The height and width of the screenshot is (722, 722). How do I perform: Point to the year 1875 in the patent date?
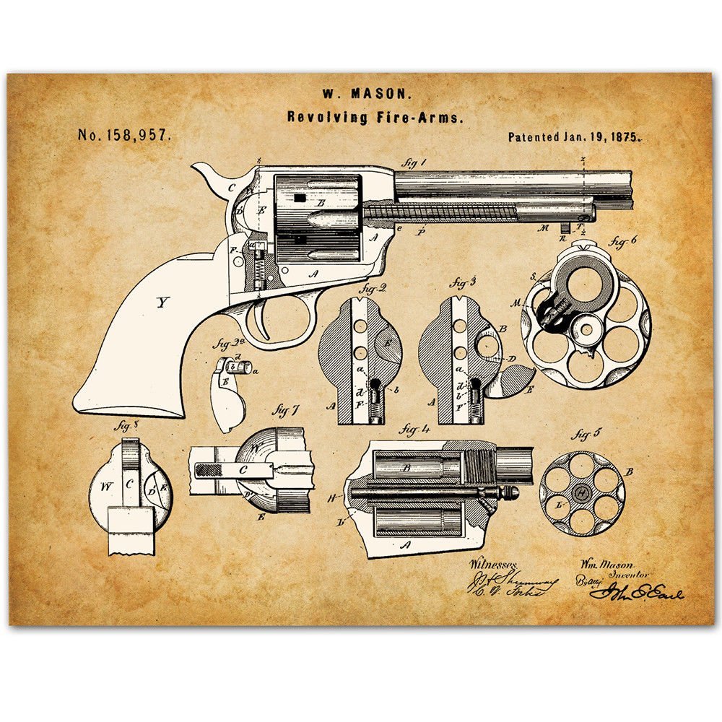coord(621,136)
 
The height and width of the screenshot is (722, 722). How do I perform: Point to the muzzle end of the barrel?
coord(628,189)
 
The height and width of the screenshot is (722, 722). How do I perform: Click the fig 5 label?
coord(583,435)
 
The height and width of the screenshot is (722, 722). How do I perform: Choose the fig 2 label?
coord(375,289)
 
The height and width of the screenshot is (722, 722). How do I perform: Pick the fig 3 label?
coord(463,282)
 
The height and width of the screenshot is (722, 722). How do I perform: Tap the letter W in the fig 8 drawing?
coord(106,486)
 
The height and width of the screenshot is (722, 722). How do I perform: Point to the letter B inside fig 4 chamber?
coord(406,468)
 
